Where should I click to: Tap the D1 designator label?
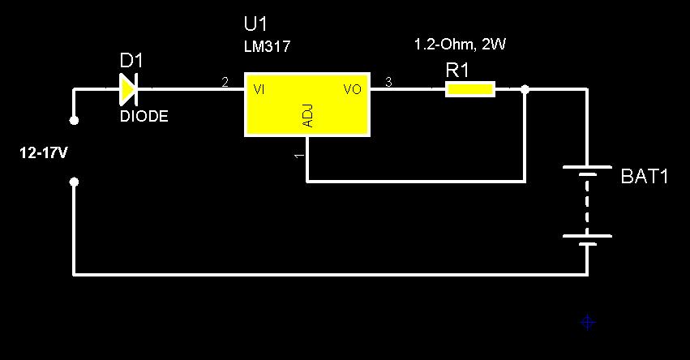[x=131, y=61]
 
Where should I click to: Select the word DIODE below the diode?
[x=144, y=117]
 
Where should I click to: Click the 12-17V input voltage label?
[x=43, y=152]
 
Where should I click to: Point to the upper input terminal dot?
[x=74, y=120]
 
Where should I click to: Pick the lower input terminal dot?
[x=74, y=182]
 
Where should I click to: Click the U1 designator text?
[x=255, y=24]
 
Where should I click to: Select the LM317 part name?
[x=267, y=47]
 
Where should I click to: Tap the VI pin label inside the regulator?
[x=259, y=89]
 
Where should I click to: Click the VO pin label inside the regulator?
[x=352, y=89]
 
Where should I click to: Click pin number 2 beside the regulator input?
[x=225, y=82]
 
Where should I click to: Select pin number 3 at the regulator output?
[x=388, y=82]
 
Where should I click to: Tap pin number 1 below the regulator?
[x=298, y=154]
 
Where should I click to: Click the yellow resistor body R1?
[x=470, y=89]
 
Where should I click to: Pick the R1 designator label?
[x=457, y=70]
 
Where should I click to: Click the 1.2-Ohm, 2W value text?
[x=460, y=45]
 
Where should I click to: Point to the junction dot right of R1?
[x=525, y=89]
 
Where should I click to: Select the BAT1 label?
[x=644, y=177]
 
